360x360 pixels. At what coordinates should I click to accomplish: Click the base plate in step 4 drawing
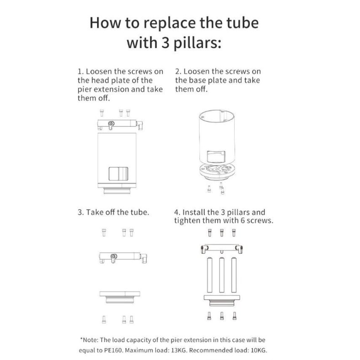[221, 299]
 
